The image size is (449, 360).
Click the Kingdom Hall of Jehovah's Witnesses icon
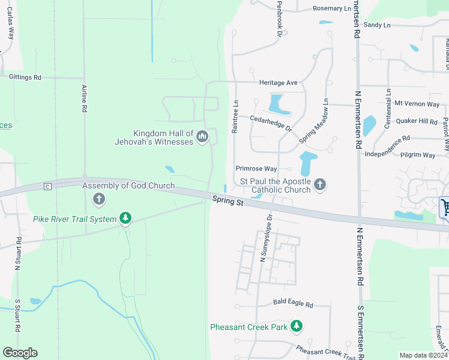(x=202, y=137)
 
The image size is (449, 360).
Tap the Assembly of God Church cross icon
(x=99, y=199)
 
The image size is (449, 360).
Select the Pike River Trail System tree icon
(x=125, y=218)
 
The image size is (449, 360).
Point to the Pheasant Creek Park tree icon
(x=296, y=327)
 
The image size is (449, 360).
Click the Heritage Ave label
(x=278, y=82)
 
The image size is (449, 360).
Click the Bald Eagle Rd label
(x=293, y=305)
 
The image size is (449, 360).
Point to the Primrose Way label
(x=256, y=169)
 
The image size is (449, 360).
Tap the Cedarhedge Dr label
(x=271, y=124)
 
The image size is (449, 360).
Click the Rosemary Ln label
(x=332, y=9)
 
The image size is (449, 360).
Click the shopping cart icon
(x=445, y=208)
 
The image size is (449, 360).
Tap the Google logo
(x=20, y=353)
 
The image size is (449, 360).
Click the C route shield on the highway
(x=47, y=187)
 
